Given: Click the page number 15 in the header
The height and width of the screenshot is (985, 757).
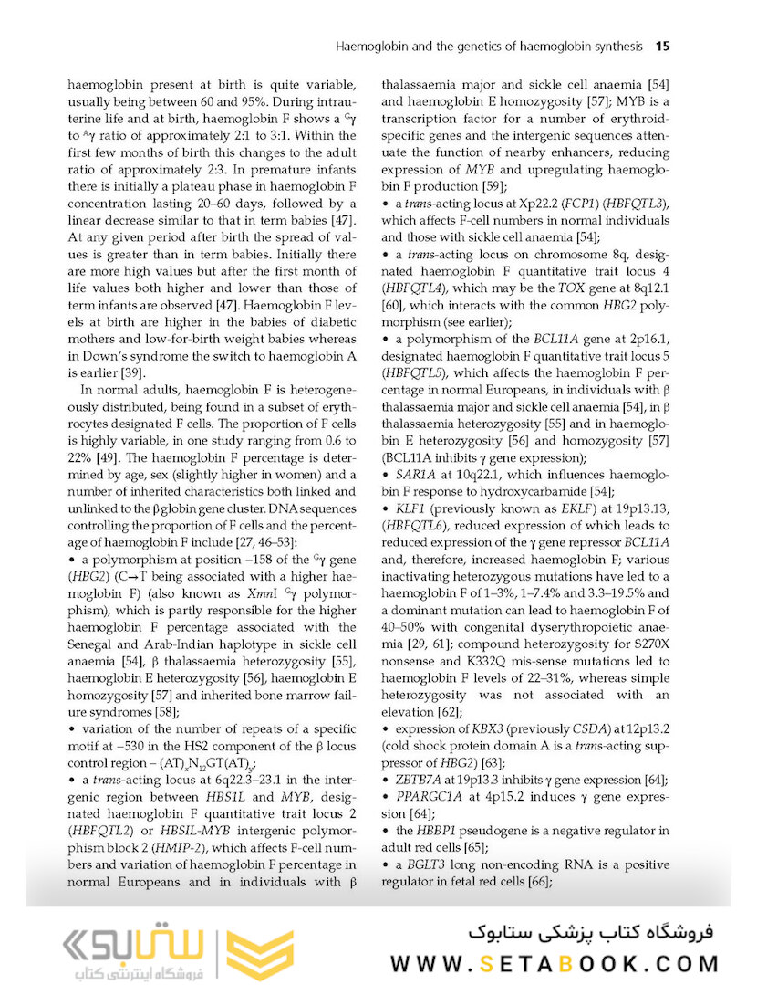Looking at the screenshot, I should (663, 45).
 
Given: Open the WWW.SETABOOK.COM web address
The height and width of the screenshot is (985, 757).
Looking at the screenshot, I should (554, 963).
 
